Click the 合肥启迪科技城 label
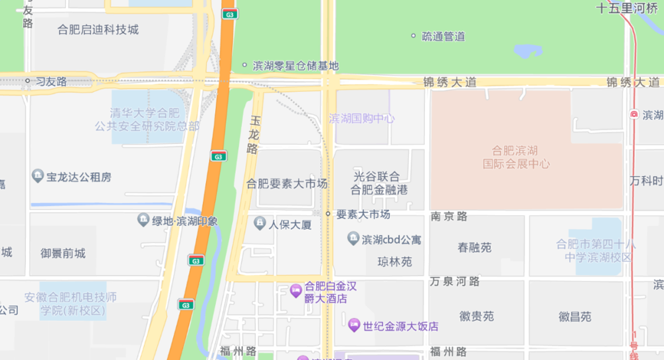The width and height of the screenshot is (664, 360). [x=98, y=29]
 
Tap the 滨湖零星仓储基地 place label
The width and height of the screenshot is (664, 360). [x=295, y=66]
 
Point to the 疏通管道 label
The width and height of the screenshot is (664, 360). [x=444, y=37]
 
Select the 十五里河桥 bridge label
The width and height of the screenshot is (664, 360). [x=627, y=9]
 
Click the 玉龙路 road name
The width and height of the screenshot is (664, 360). [x=253, y=135]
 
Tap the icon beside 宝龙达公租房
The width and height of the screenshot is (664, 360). [x=38, y=177]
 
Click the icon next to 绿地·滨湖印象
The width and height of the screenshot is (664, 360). [x=143, y=220]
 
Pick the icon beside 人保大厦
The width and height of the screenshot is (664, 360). [x=260, y=223]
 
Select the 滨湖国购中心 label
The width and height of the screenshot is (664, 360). [x=362, y=119]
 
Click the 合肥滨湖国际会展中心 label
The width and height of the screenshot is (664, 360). [x=521, y=157]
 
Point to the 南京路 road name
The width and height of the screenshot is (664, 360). [x=450, y=216]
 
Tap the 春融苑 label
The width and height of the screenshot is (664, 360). [x=475, y=248]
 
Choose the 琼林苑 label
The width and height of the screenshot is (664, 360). [x=395, y=262]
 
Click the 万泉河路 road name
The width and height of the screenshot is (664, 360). [x=455, y=280]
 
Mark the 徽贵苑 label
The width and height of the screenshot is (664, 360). [x=477, y=317]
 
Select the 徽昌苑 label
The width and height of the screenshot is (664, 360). [x=574, y=317]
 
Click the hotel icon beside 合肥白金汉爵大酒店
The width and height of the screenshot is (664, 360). [x=295, y=290]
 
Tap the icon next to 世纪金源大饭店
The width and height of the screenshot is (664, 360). [x=354, y=325]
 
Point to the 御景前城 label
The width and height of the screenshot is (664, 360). [x=63, y=253]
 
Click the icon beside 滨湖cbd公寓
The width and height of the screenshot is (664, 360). [x=353, y=238]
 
